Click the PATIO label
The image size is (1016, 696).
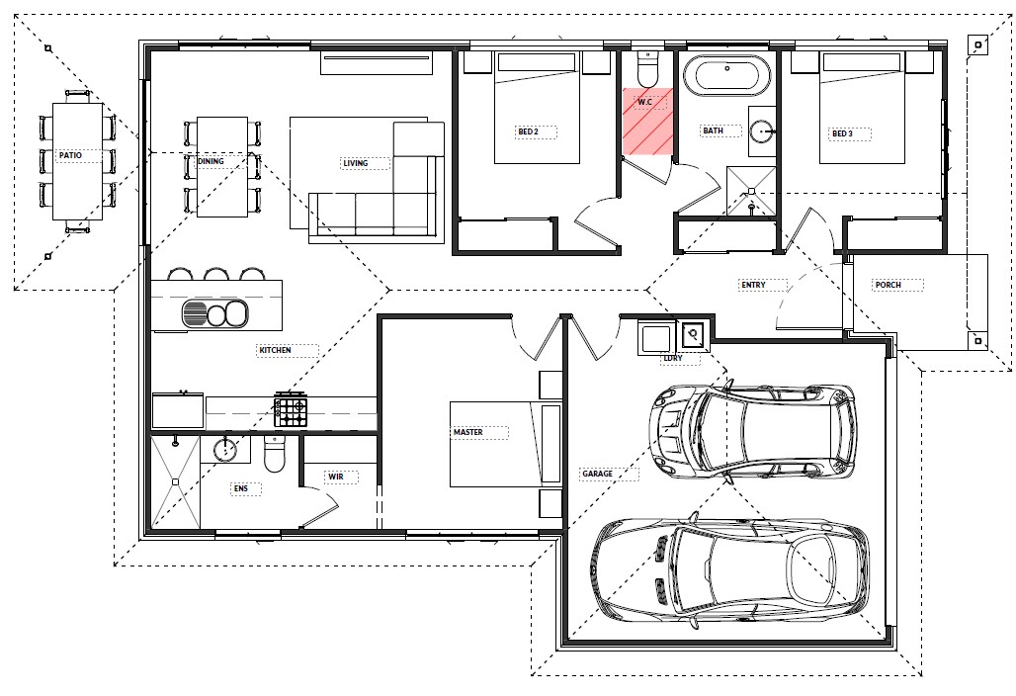pos(70,155)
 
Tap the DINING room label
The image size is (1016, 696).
pos(211,161)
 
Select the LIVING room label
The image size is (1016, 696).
pos(355,163)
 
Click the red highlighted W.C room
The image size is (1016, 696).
pos(648,122)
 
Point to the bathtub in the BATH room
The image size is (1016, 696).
pos(727,76)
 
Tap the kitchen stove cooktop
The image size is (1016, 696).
pos(291,409)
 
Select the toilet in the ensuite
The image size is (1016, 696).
pos(275,454)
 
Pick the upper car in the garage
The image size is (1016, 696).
pos(752,432)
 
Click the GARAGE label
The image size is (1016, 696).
pos(597,474)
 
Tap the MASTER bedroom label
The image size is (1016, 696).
pos(467,432)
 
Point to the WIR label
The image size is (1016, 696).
pos(336,477)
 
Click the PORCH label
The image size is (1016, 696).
pos(889,285)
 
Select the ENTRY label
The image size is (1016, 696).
pos(753,285)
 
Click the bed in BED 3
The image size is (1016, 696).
pos(862,108)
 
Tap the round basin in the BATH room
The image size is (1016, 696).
pos(763,131)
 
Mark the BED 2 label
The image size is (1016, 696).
pos(528,131)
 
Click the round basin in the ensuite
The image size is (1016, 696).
pos(224,449)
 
